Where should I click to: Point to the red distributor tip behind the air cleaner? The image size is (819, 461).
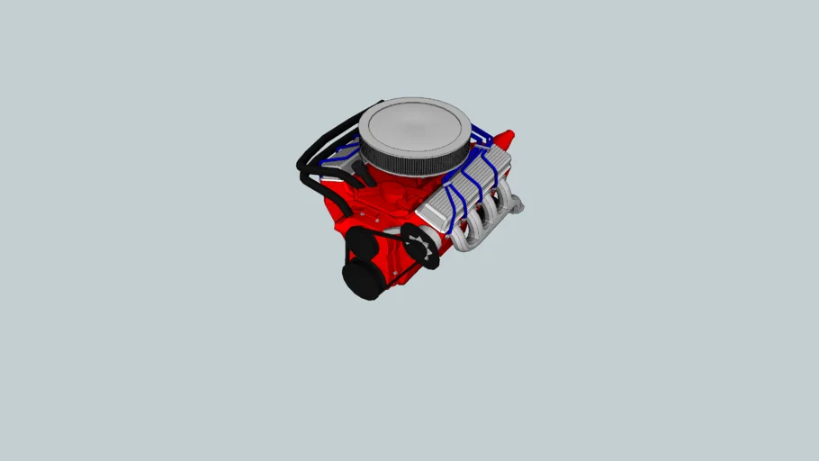506,139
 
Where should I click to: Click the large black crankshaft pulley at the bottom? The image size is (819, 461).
363,279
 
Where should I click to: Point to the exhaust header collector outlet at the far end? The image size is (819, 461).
518,206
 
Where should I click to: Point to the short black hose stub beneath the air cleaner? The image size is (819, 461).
358,171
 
